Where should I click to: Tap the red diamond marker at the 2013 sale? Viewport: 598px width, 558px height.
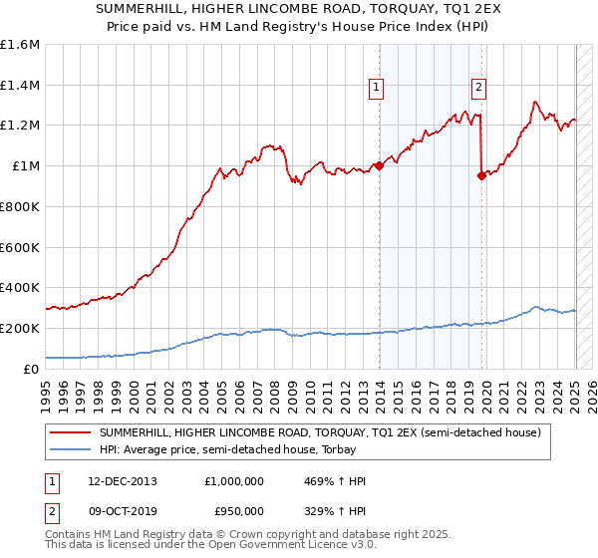tap(379, 165)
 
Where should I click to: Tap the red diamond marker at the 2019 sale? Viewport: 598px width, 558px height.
tap(481, 176)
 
